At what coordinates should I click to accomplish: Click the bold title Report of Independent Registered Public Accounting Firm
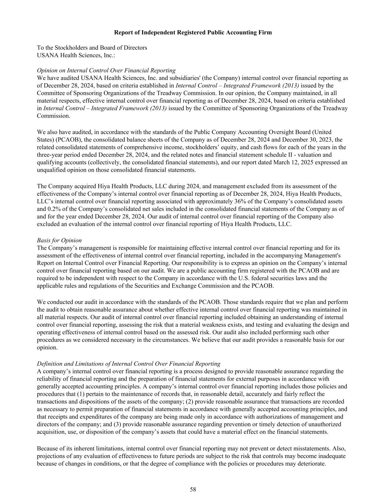(x=193, y=32)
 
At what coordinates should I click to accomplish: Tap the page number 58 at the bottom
(x=193, y=489)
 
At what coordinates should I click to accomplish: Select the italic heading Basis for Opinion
(x=59, y=240)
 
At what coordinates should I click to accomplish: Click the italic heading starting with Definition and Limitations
(x=129, y=364)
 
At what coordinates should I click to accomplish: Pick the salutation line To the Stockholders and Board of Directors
(x=92, y=48)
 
